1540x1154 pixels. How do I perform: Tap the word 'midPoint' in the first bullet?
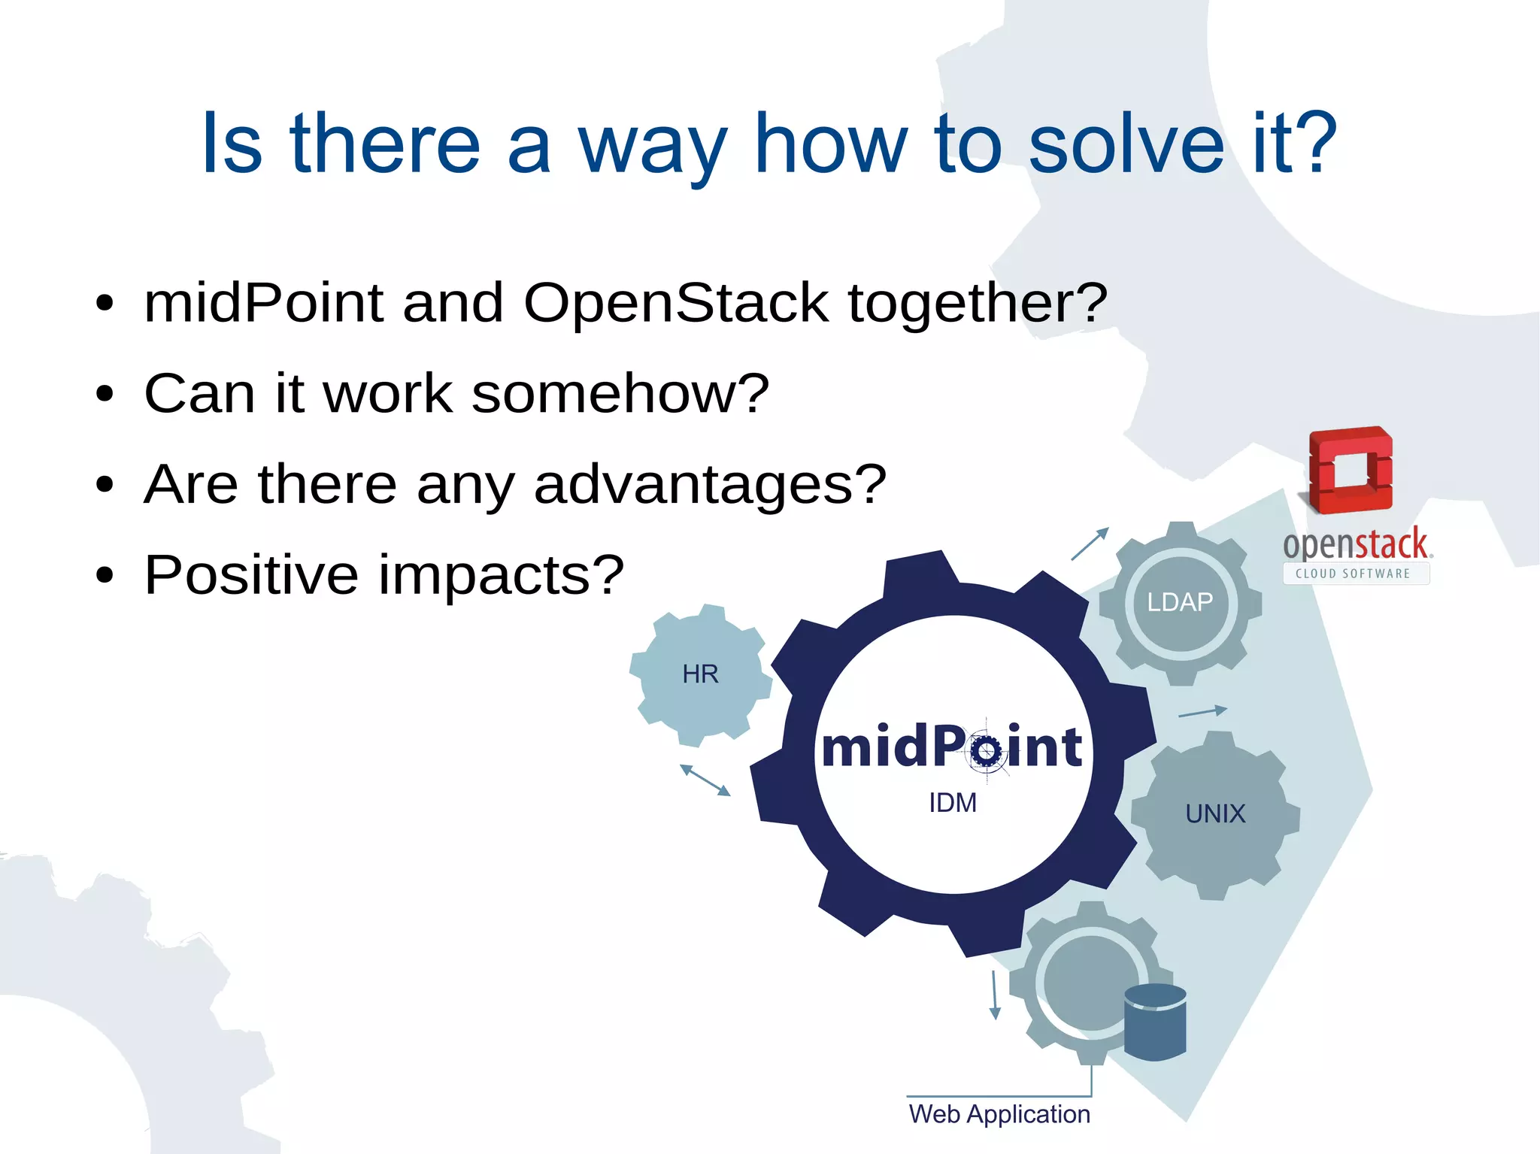pyautogui.click(x=263, y=303)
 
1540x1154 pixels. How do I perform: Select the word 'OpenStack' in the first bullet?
pyautogui.click(x=675, y=303)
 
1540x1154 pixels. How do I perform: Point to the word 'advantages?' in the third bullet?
pyautogui.click(x=710, y=485)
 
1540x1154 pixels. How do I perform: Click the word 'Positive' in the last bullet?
pyautogui.click(x=251, y=575)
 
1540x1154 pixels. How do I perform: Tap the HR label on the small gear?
pyautogui.click(x=700, y=674)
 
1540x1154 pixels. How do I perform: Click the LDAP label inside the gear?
pyautogui.click(x=1180, y=602)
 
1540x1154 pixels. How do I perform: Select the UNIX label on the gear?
pyautogui.click(x=1215, y=813)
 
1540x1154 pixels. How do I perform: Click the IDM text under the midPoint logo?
pyautogui.click(x=953, y=803)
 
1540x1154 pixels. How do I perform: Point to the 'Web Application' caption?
pyautogui.click(x=999, y=1114)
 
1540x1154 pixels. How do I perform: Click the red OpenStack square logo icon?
pyautogui.click(x=1351, y=470)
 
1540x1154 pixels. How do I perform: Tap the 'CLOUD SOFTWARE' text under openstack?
pyautogui.click(x=1353, y=574)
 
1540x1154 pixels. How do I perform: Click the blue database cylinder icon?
pyautogui.click(x=1155, y=1022)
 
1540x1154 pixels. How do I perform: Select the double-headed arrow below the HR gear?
pyautogui.click(x=705, y=780)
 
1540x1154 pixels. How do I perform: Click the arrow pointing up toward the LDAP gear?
pyautogui.click(x=1090, y=544)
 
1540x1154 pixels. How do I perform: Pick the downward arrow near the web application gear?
pyautogui.click(x=994, y=995)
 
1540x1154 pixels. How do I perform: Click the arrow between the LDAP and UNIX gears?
pyautogui.click(x=1202, y=712)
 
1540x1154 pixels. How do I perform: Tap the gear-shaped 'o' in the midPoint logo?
pyautogui.click(x=986, y=750)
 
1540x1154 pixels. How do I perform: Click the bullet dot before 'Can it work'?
pyautogui.click(x=105, y=394)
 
